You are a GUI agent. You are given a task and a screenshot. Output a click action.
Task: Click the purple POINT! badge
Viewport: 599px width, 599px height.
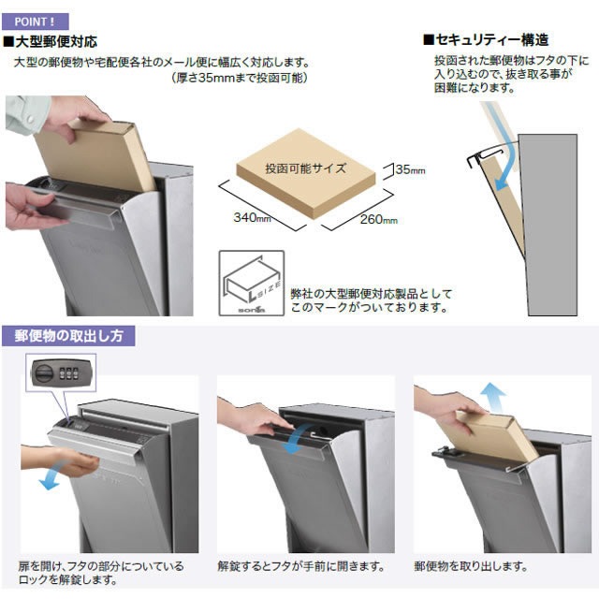click(36, 22)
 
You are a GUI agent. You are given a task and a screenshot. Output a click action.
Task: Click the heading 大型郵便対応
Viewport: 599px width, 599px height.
click(51, 41)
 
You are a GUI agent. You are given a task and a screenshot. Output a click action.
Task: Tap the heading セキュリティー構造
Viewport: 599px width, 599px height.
click(487, 39)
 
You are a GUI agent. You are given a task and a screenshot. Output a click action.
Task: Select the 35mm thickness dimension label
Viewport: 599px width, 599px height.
click(410, 169)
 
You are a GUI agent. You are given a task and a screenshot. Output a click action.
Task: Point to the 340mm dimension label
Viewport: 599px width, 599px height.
click(252, 218)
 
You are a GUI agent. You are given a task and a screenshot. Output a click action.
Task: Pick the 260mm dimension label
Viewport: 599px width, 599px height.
click(379, 219)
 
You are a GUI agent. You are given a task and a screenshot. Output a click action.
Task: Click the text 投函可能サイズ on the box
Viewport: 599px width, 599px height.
click(306, 168)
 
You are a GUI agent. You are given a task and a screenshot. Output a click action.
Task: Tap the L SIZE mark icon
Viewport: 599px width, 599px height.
click(252, 283)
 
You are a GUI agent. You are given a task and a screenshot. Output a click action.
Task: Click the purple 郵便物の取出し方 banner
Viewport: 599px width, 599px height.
click(68, 336)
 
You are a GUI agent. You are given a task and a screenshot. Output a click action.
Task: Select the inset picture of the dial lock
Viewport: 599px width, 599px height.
click(61, 373)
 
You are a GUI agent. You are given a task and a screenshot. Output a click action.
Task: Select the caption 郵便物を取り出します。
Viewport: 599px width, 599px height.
click(471, 565)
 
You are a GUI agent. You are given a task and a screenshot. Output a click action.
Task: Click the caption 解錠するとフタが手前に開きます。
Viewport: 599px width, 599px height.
click(301, 565)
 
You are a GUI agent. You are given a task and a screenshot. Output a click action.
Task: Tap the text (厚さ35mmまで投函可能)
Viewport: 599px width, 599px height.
click(240, 78)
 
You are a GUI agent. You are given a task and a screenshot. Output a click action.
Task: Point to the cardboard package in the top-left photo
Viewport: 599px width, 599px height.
click(95, 154)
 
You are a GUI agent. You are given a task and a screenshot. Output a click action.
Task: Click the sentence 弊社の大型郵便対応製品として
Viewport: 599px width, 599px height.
click(372, 293)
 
